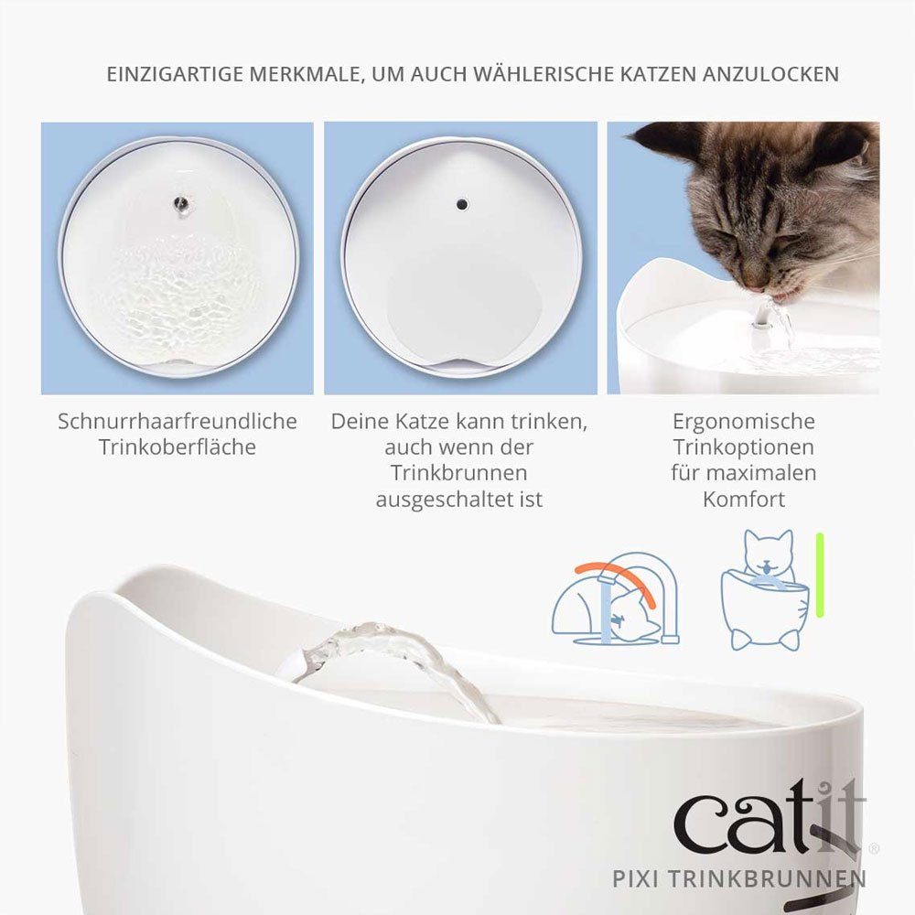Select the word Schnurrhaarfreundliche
[x=178, y=422]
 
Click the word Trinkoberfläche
[x=178, y=447]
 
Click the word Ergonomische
[x=743, y=422]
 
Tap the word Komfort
[x=743, y=500]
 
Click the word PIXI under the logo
[x=638, y=879]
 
